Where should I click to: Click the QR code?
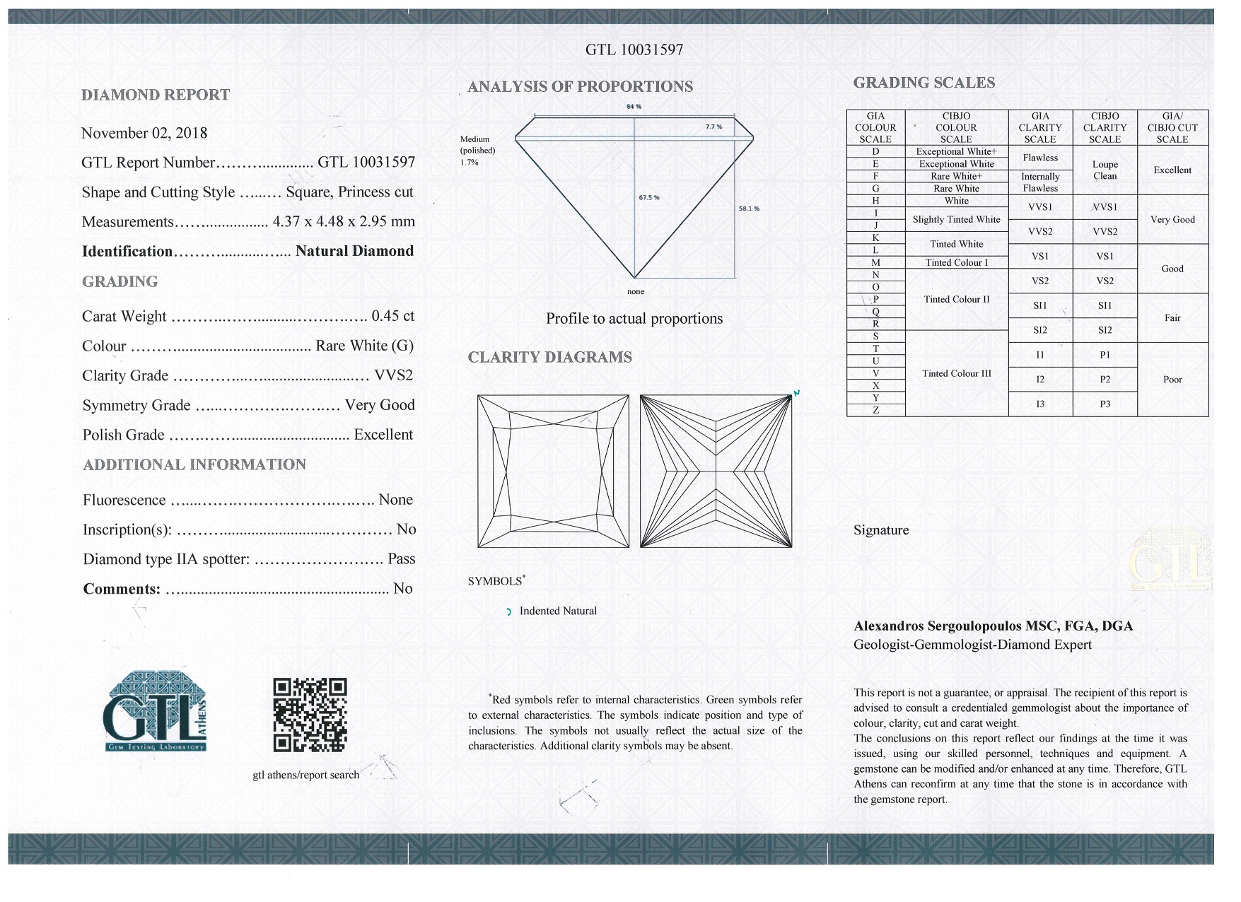[310, 715]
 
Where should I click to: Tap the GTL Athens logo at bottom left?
[156, 711]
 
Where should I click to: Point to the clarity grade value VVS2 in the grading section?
[394, 375]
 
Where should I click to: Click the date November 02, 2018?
[144, 133]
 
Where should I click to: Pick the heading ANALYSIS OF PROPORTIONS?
[580, 87]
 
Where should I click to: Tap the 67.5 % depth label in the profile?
[648, 198]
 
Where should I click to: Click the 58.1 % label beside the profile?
[749, 209]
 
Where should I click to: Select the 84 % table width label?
[634, 107]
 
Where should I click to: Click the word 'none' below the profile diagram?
[636, 291]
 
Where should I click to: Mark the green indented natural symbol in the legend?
[508, 612]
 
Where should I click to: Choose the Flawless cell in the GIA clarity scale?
[1039, 158]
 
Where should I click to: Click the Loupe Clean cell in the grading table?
[1105, 170]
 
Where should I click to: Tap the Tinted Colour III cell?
[956, 373]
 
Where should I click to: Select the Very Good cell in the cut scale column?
[1172, 220]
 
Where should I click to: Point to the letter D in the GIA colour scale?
[875, 151]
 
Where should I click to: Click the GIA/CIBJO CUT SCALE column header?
[1172, 128]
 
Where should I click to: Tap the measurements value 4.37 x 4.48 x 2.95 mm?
[344, 221]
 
